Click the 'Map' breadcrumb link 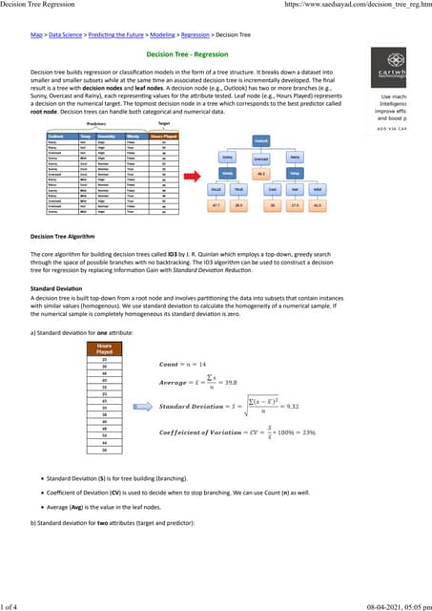coord(36,33)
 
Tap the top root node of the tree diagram coord(259,140)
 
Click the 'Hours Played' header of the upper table coord(163,137)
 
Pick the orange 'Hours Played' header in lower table coord(105,348)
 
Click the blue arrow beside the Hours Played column coord(140,406)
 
